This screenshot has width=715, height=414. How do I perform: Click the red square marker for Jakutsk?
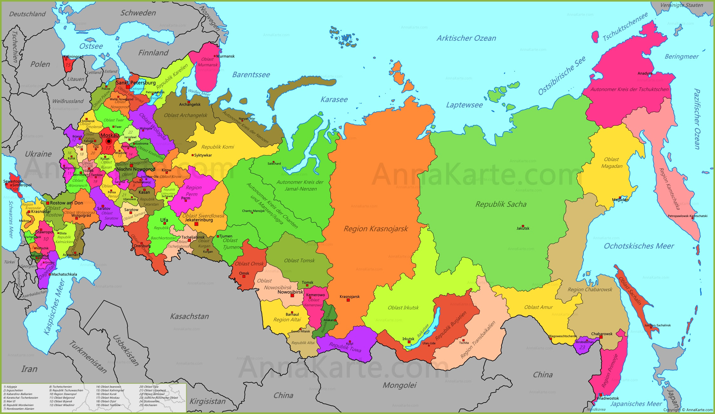click(x=523, y=226)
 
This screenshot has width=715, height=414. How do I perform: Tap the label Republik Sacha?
click(x=501, y=204)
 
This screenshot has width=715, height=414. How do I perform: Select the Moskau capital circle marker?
click(x=109, y=141)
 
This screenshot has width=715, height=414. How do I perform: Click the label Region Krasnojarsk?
click(x=376, y=228)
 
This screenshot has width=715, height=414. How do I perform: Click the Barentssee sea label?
click(x=251, y=75)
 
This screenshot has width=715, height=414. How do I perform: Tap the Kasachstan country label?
click(x=189, y=316)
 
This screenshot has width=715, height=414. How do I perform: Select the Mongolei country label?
click(x=399, y=385)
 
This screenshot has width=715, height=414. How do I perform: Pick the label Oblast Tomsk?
click(x=299, y=261)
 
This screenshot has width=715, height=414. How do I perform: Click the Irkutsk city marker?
click(x=409, y=342)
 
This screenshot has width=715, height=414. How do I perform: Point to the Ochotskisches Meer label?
click(x=639, y=246)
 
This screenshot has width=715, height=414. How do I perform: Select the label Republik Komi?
click(x=218, y=147)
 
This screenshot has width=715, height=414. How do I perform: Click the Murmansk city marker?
click(x=215, y=56)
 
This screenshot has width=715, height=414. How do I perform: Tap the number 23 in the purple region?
click(x=582, y=347)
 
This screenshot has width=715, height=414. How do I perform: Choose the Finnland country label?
click(x=153, y=53)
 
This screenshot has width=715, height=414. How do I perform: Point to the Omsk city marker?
click(x=244, y=277)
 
